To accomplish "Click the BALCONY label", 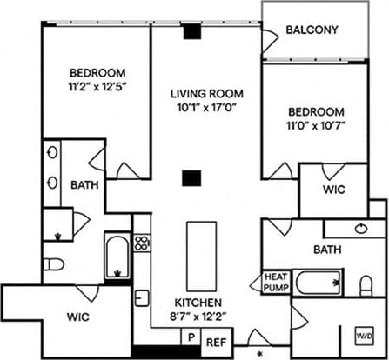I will [312, 30].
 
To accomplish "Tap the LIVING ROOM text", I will [206, 94].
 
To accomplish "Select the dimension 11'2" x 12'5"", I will [97, 86].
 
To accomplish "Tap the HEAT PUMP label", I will [276, 282].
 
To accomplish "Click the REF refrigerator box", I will [216, 343].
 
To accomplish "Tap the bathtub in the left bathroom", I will [117, 253].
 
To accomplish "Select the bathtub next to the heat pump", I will [317, 283].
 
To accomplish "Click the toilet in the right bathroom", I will [366, 284].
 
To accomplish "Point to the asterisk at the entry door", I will [259, 353].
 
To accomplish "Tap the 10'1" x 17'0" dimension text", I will [206, 108].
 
